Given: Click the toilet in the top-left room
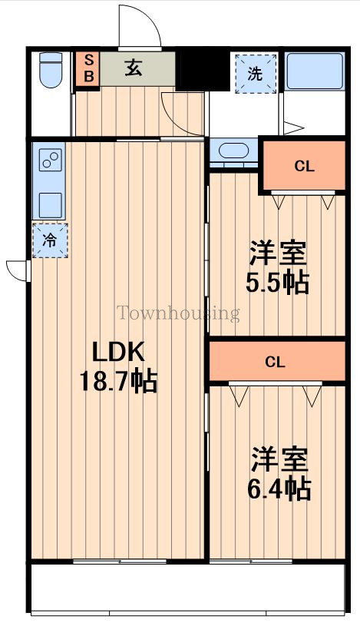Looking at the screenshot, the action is (x=51, y=70).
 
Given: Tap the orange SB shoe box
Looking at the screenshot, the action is (x=88, y=68).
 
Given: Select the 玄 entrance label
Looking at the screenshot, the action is (x=134, y=68).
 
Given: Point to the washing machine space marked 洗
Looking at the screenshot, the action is (x=256, y=74).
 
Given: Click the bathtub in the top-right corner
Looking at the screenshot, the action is (x=315, y=71).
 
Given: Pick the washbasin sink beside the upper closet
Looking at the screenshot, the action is (x=234, y=151).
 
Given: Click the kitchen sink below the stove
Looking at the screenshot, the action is (x=51, y=205).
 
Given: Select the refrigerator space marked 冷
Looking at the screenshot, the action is (x=50, y=240).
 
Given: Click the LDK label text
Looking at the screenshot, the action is (x=118, y=352).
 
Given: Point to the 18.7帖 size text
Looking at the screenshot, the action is (x=118, y=381).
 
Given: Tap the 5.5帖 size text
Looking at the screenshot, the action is (x=277, y=283).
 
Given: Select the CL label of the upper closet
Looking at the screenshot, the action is (x=305, y=166).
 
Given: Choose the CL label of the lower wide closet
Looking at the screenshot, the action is (x=275, y=362).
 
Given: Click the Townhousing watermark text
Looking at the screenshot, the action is (x=178, y=313).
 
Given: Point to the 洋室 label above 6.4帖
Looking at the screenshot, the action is (x=279, y=459).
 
